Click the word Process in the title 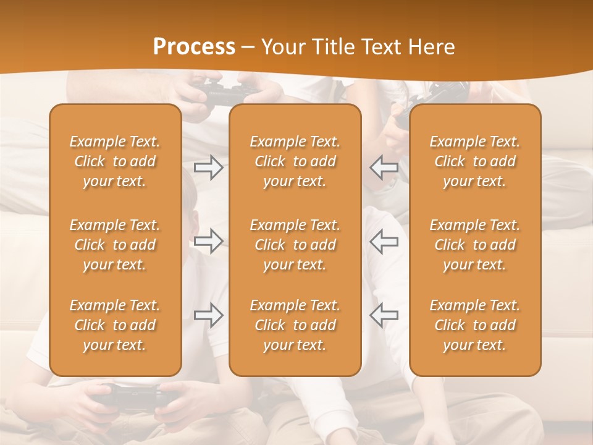pos(194,47)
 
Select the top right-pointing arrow pos(208,167)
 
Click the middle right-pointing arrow pos(208,241)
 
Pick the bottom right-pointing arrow pos(208,315)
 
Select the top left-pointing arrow pos(384,167)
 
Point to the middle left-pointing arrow pos(384,241)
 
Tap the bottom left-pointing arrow pos(384,315)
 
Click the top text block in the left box pos(115,161)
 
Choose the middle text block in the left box pos(115,245)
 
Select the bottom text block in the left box pos(115,325)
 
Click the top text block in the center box pos(295,161)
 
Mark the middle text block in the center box pos(295,245)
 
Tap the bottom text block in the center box pos(295,325)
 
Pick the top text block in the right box pos(475,161)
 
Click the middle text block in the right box pos(475,245)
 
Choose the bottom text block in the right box pos(475,325)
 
